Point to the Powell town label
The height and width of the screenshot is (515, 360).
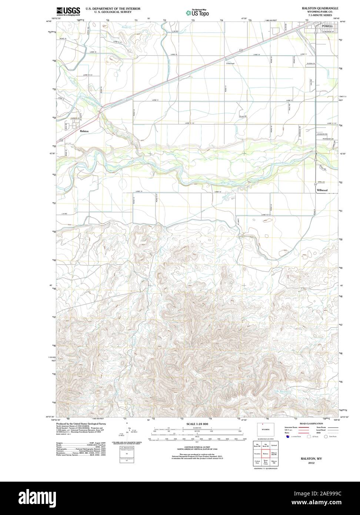[327, 26]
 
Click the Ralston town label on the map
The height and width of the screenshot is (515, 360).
[84, 131]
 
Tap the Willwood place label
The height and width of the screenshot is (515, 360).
[322, 190]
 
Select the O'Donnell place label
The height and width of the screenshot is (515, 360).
[230, 63]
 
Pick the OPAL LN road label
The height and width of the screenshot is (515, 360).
[321, 183]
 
